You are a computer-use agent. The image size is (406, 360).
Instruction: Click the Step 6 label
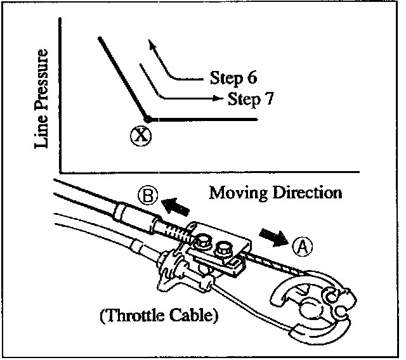pyautogui.click(x=233, y=79)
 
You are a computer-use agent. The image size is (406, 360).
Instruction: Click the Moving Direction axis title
pyautogui.click(x=275, y=191)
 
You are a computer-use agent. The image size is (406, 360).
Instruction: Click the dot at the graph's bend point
pyautogui.click(x=147, y=119)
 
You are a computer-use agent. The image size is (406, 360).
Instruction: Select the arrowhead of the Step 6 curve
pyautogui.click(x=150, y=43)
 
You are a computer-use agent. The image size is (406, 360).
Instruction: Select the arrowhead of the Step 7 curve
pyautogui.click(x=219, y=98)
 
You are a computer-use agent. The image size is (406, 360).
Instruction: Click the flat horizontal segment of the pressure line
pyautogui.click(x=203, y=119)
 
